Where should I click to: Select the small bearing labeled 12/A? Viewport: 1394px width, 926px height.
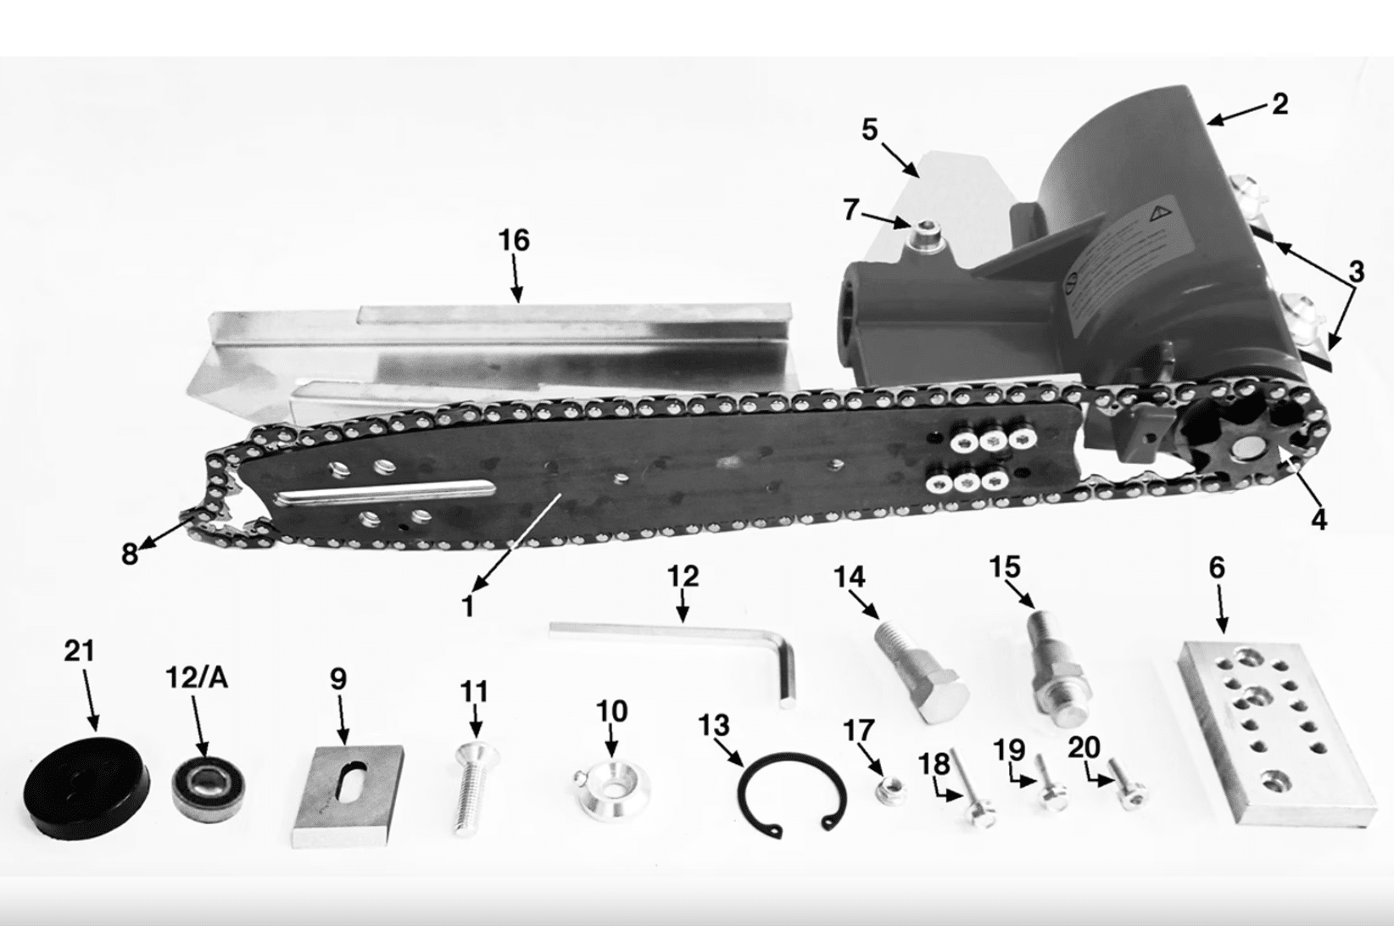pos(210,787)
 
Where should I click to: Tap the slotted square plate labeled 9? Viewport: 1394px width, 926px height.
pos(348,796)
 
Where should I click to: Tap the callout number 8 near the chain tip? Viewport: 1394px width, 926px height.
pos(130,554)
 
